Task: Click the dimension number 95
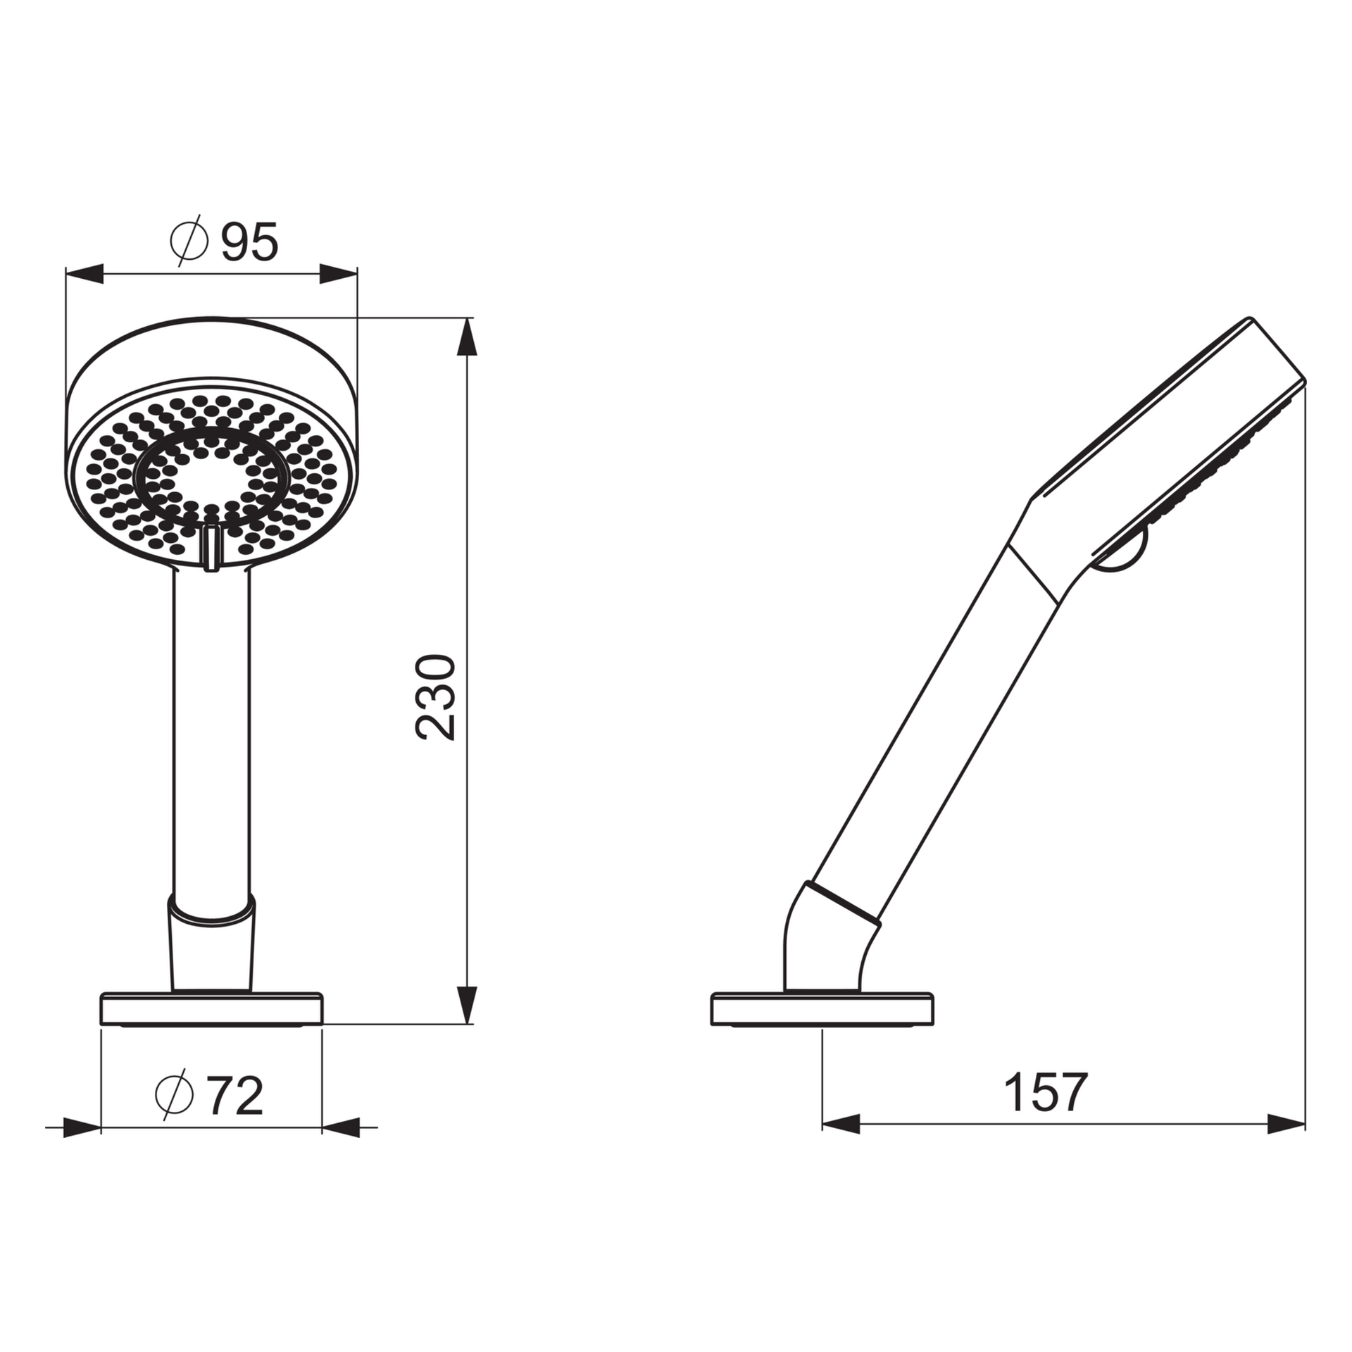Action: pyautogui.click(x=250, y=242)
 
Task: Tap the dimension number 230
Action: pyautogui.click(x=436, y=698)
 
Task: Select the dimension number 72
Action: pyautogui.click(x=235, y=1096)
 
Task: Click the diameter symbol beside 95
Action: pyautogui.click(x=189, y=241)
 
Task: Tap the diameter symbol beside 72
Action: pyautogui.click(x=173, y=1094)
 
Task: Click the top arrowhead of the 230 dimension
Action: pyautogui.click(x=466, y=337)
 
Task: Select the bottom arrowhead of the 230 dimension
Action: pyautogui.click(x=466, y=1005)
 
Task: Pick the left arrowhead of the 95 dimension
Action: pyautogui.click(x=84, y=274)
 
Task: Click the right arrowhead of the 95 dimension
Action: pyautogui.click(x=338, y=274)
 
